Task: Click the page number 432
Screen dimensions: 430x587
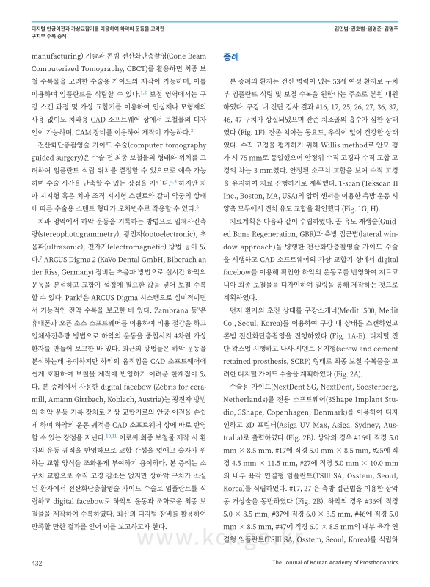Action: pos(36,562)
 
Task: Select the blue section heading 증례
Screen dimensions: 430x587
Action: pos(231,56)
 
